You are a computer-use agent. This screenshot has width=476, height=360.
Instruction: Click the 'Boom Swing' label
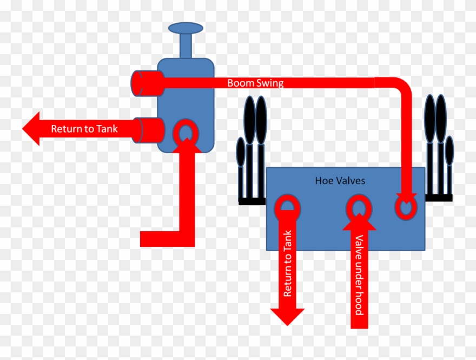[255, 83]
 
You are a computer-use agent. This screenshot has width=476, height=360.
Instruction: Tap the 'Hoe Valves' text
[340, 181]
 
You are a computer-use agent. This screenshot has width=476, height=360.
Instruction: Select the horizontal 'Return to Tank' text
[84, 129]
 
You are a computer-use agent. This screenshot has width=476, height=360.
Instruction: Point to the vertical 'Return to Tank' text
[287, 264]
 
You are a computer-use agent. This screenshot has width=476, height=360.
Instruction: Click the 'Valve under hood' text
[359, 275]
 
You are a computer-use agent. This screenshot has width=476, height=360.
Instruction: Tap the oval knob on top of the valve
[186, 28]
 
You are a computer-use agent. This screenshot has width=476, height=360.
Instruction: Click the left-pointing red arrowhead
[31, 128]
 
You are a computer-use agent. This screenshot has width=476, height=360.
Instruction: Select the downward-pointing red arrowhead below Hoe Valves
[287, 317]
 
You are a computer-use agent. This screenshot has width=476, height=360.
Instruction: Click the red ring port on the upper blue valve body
[186, 132]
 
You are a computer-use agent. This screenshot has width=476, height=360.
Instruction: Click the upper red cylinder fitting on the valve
[148, 83]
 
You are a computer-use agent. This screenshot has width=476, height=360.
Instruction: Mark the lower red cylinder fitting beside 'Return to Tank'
[149, 130]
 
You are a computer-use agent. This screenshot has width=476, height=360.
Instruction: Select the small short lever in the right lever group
[449, 165]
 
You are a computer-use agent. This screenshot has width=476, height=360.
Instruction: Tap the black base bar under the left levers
[252, 201]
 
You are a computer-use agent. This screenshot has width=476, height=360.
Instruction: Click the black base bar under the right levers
[439, 198]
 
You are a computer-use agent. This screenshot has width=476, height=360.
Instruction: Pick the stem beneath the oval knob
[186, 45]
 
